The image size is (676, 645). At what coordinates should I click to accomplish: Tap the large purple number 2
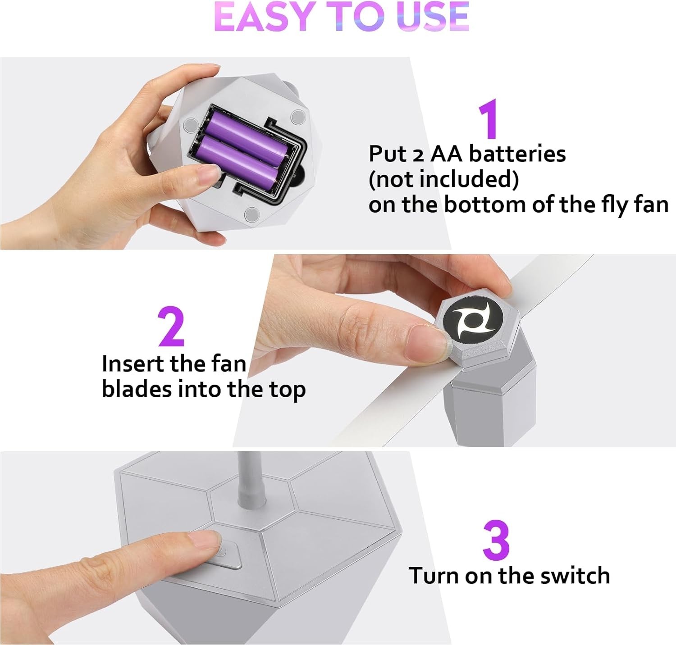click(172, 326)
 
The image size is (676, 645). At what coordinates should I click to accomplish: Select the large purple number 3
click(496, 540)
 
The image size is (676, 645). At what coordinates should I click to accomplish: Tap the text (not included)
click(444, 179)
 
